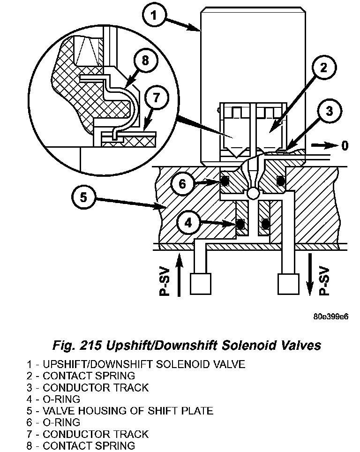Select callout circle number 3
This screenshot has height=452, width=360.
(x=329, y=111)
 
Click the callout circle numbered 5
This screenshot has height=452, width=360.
(x=83, y=197)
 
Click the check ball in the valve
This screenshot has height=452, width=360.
(x=254, y=193)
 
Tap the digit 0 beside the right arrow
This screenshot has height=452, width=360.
(x=345, y=146)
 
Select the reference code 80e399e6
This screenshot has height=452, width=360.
(x=331, y=316)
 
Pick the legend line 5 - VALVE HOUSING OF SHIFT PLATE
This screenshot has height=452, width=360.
(x=120, y=411)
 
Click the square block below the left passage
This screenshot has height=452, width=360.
(x=200, y=284)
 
